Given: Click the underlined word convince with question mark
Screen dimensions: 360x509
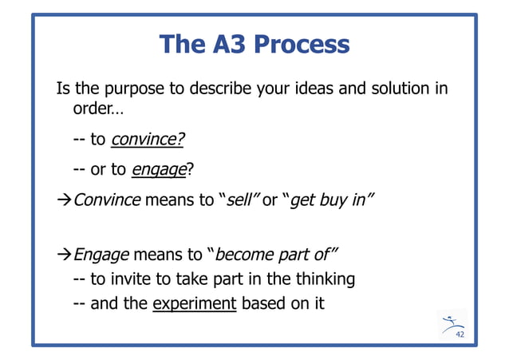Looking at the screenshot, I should pos(148,140).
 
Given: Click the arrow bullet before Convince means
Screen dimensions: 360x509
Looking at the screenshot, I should pos(63,199).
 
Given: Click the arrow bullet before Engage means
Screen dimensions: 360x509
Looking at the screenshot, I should pos(63,255).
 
